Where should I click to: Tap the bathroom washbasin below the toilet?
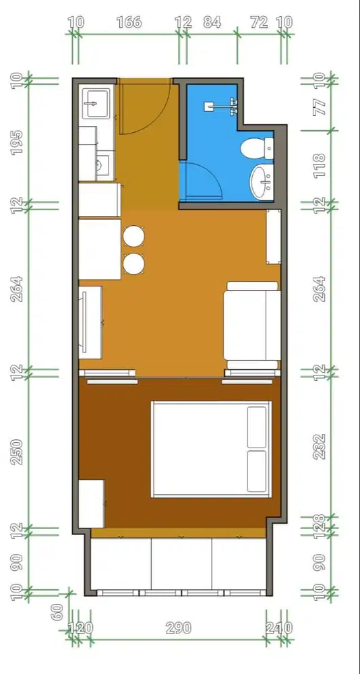(262, 181)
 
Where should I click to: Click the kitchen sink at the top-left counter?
(92, 103)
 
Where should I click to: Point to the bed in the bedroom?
(210, 449)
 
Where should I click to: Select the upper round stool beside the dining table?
(134, 237)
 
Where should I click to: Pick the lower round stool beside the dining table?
(134, 264)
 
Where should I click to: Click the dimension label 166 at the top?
(129, 22)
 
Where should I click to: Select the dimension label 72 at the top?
(259, 22)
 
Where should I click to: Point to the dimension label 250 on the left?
(18, 451)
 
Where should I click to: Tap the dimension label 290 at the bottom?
(178, 627)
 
